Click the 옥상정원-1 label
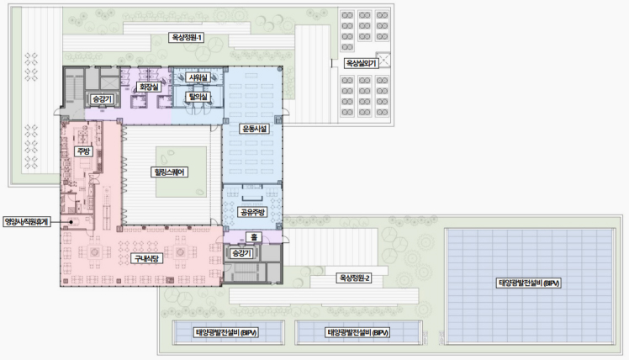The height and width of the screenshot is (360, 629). [187, 38]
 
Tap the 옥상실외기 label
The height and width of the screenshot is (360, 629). [361, 63]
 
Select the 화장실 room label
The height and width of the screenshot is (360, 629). [149, 87]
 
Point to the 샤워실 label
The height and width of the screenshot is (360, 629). [198, 77]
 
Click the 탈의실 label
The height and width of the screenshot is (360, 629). [198, 97]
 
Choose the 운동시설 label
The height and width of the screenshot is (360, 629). [254, 129]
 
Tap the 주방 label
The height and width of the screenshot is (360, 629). [84, 151]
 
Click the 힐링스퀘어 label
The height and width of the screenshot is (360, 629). [169, 172]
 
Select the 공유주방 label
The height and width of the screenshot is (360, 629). [252, 212]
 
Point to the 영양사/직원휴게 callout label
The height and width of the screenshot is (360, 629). [26, 221]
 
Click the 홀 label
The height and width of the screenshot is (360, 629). [254, 237]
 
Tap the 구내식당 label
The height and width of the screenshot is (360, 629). [146, 258]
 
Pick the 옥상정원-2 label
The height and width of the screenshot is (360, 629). [354, 278]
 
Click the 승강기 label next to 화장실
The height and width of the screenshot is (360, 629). [102, 99]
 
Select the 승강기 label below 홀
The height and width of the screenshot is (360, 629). [241, 253]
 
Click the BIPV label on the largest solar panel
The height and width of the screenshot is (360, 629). [528, 283]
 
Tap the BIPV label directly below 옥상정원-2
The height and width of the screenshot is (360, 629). [358, 332]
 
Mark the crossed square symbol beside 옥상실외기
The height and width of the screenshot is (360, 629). [383, 61]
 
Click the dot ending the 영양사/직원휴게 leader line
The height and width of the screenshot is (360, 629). [71, 221]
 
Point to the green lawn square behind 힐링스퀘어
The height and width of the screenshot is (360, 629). [182, 172]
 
